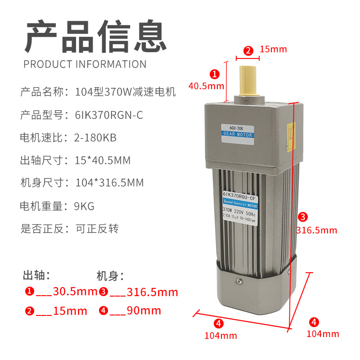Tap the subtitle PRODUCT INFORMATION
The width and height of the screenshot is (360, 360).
point(85,64)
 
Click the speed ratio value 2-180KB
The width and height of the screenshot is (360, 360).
point(95,138)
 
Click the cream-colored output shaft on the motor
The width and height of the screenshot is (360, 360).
point(248,81)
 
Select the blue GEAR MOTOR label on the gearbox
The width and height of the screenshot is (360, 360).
point(238,134)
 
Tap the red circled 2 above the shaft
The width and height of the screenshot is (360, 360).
point(248,50)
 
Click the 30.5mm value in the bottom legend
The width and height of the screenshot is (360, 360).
point(75,292)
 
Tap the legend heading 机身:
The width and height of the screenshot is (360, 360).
point(110,275)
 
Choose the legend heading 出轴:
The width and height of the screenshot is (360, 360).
point(36,274)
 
